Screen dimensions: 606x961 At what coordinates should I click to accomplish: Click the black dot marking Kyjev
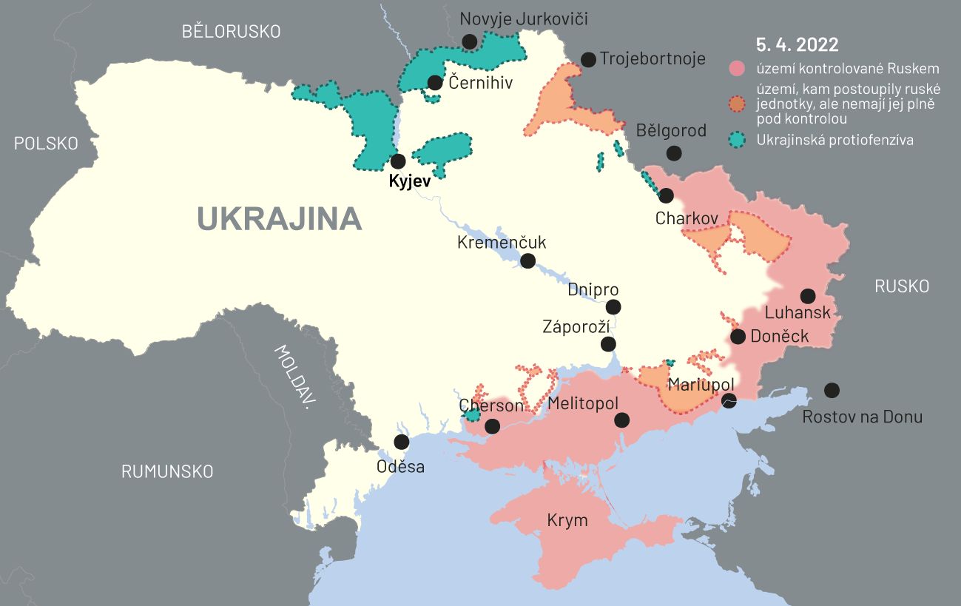coord(398,161)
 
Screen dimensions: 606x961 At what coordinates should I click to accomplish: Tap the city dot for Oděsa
coord(402,442)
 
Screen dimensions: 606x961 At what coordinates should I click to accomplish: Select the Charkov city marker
coord(666,195)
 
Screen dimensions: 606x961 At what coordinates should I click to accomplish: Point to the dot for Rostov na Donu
coord(832,390)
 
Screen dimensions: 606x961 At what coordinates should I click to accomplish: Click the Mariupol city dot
coord(729,400)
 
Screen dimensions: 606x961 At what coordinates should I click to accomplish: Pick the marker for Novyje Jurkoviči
coord(469,41)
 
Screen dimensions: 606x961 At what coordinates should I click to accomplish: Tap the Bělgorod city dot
coord(674,153)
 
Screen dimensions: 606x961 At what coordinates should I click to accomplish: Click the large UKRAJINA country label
coord(279,219)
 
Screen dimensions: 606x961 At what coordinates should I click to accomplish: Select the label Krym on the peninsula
coord(567,520)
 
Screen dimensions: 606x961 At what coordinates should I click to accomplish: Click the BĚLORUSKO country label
coord(232,31)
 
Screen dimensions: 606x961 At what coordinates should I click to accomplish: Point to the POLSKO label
coord(46,144)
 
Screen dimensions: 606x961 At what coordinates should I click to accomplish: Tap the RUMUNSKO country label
coord(167,471)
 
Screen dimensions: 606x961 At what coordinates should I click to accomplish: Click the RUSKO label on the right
coord(901,286)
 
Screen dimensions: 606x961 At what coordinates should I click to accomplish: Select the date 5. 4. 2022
coord(797,44)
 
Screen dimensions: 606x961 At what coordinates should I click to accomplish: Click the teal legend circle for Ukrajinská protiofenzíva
coord(736,140)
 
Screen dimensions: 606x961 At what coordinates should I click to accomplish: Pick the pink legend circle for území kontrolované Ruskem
coord(736,69)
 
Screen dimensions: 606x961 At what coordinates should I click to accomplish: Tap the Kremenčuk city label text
coord(502,242)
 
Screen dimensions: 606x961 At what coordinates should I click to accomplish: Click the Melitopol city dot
coord(621,420)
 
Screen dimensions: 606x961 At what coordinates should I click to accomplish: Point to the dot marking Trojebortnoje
coord(588,60)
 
